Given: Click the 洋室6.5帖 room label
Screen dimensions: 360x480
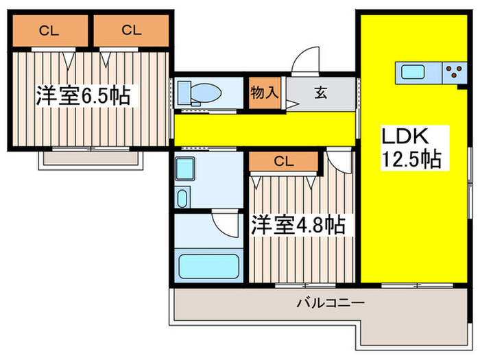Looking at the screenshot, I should pyautogui.click(x=83, y=95).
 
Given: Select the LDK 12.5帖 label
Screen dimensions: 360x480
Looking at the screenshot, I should pyautogui.click(x=411, y=147).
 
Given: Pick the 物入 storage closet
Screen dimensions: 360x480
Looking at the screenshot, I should pyautogui.click(x=264, y=92).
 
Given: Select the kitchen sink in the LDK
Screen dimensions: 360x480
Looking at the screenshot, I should pyautogui.click(x=414, y=71).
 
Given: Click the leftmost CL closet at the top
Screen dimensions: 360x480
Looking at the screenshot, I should pyautogui.click(x=47, y=29).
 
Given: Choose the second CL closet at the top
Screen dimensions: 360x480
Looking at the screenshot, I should pyautogui.click(x=132, y=29).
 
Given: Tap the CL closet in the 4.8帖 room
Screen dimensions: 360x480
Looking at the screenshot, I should pyautogui.click(x=283, y=162).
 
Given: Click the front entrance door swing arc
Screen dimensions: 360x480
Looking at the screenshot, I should pyautogui.click(x=304, y=60).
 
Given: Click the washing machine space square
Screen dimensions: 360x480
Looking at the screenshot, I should pyautogui.click(x=184, y=168).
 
